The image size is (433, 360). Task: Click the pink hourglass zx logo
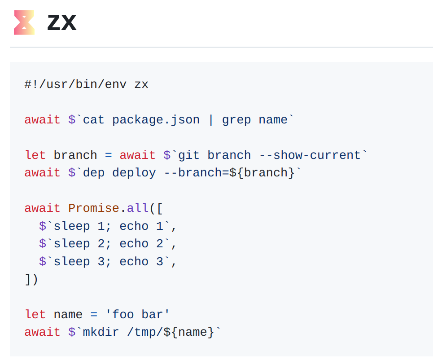pyautogui.click(x=24, y=22)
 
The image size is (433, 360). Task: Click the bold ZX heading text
pyautogui.click(x=62, y=22)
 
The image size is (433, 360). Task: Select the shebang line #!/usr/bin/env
pyautogui.click(x=76, y=84)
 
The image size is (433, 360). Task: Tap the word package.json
pyautogui.click(x=156, y=120)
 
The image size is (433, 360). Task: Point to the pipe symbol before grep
pyautogui.click(x=211, y=120)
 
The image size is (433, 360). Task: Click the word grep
pyautogui.click(x=236, y=120)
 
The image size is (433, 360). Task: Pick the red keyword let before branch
pyautogui.click(x=35, y=155)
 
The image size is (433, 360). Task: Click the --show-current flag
pyautogui.click(x=310, y=155)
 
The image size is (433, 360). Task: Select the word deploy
pyautogui.click(x=134, y=173)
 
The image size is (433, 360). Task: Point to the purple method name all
pyautogui.click(x=138, y=208)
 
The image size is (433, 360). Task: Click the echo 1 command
pyautogui.click(x=141, y=226)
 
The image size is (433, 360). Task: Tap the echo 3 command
pyautogui.click(x=141, y=262)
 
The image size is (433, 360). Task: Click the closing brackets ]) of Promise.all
pyautogui.click(x=31, y=279)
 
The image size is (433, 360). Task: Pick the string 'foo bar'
pyautogui.click(x=138, y=314)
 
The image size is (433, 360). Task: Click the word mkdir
pyautogui.click(x=101, y=332)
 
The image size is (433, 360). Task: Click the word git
pyautogui.click(x=189, y=155)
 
